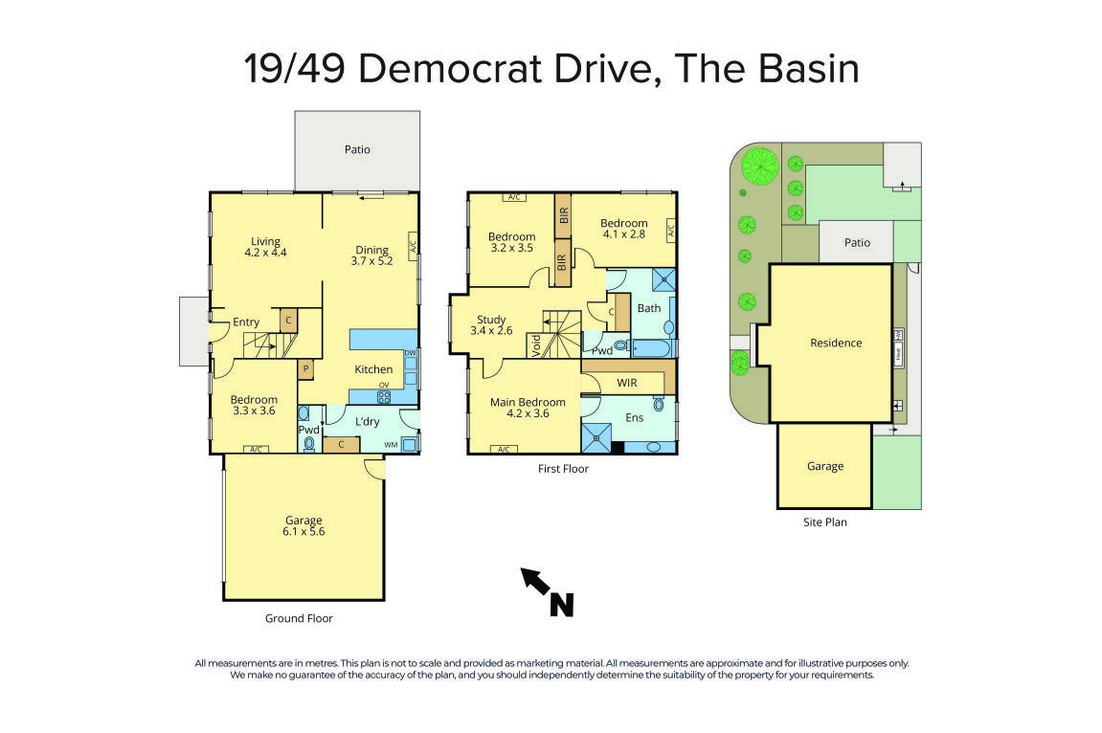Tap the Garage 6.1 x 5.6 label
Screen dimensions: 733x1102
(304, 526)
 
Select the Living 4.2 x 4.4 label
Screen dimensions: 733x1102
(265, 247)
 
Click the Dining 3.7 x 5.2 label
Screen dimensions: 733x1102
(371, 255)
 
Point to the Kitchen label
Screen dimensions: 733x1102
(373, 369)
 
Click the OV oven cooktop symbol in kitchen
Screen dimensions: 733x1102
(384, 395)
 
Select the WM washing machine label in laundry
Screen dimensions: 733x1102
(392, 444)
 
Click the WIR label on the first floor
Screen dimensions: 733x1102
(626, 383)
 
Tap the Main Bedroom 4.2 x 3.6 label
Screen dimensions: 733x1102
(528, 408)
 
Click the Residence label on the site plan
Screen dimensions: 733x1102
(836, 343)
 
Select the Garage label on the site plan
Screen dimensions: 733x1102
(824, 466)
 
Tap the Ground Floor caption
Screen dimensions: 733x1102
(299, 618)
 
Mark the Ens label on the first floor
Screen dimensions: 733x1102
(635, 417)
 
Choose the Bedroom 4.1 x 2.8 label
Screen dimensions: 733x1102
(624, 229)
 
